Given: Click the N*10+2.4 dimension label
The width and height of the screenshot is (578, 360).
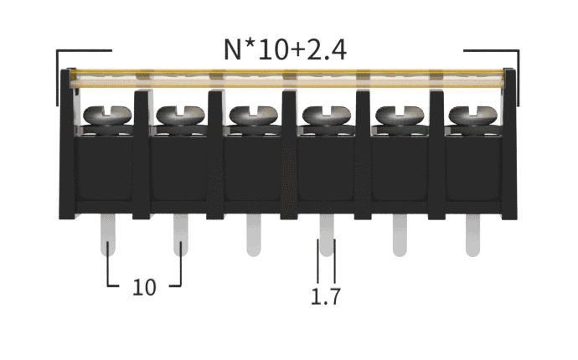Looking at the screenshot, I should [x=286, y=50].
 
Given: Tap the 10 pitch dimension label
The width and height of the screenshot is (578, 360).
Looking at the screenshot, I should [x=144, y=287].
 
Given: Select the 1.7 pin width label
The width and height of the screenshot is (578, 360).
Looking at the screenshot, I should [x=325, y=296].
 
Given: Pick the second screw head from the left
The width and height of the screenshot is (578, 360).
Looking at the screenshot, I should [x=177, y=115].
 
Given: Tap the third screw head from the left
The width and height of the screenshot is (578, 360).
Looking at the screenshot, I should [x=250, y=115].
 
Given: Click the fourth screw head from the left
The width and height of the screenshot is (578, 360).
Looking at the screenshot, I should [x=324, y=115].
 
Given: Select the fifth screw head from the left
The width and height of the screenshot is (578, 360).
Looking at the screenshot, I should [x=397, y=115].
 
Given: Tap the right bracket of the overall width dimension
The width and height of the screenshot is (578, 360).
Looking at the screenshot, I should [x=515, y=75].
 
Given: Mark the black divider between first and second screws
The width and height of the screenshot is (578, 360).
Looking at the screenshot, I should [x=142, y=151].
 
